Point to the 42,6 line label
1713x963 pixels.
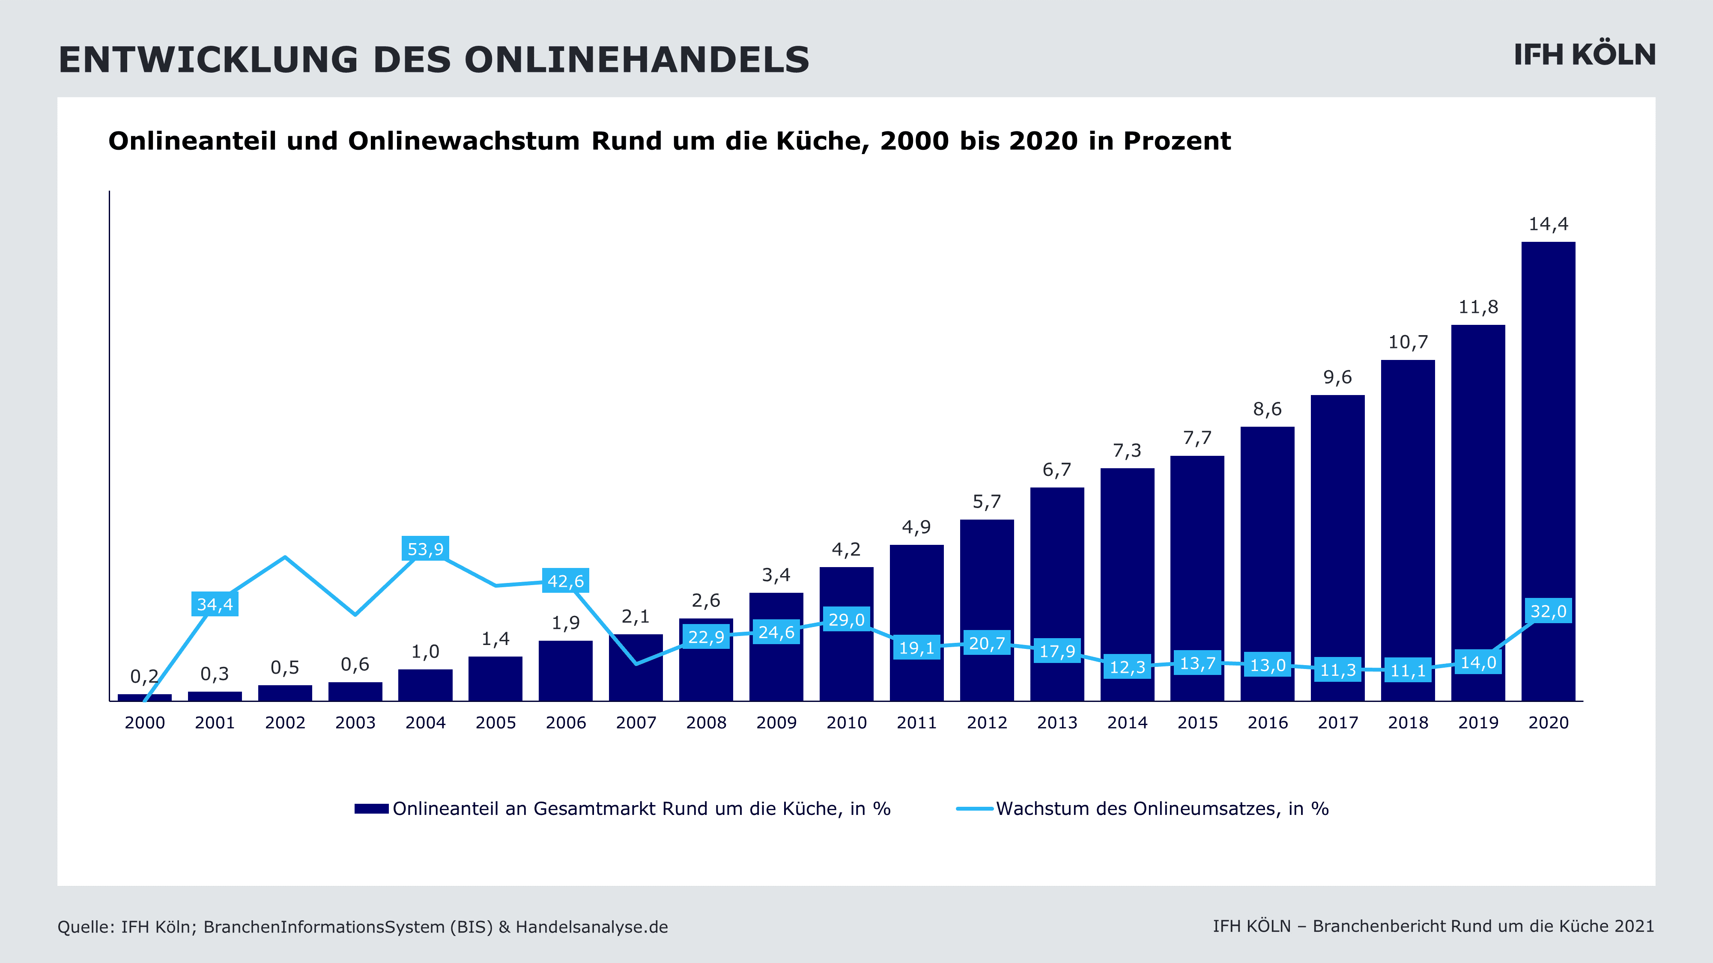click(565, 581)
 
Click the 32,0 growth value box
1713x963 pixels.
click(1548, 611)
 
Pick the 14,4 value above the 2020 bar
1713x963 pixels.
click(1548, 224)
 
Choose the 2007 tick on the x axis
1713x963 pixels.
click(636, 722)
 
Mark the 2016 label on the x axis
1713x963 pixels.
click(1268, 722)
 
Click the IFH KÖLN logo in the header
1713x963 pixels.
click(1585, 55)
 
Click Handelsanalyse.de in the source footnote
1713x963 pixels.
click(592, 927)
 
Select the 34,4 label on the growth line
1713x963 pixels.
click(215, 604)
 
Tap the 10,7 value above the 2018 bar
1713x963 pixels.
click(1408, 342)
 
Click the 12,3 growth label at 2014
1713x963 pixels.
click(1127, 666)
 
